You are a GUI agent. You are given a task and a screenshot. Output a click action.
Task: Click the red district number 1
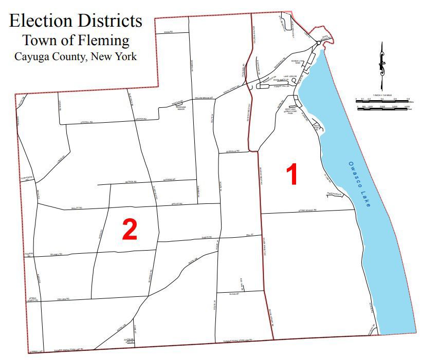(292, 175)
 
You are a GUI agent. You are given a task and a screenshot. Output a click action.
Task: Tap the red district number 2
(129, 229)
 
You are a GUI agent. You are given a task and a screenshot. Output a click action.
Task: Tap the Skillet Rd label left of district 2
(77, 209)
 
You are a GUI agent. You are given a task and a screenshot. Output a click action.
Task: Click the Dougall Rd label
(84, 122)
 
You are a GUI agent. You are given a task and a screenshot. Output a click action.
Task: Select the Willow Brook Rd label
(204, 98)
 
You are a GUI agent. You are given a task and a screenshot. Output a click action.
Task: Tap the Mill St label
(250, 234)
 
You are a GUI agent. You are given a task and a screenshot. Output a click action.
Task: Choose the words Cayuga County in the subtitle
(50, 56)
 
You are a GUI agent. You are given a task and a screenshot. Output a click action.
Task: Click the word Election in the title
(41, 21)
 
